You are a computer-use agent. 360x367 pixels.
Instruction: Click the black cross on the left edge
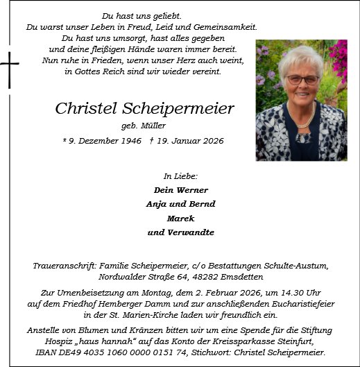click(x=9, y=70)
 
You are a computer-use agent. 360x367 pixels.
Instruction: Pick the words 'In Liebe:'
click(x=180, y=176)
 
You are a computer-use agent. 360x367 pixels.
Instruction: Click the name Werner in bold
click(x=191, y=190)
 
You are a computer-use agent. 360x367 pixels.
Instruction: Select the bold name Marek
click(x=180, y=218)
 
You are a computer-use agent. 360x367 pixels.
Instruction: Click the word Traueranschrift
click(x=66, y=266)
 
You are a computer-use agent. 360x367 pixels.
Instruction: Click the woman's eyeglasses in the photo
click(x=302, y=80)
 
